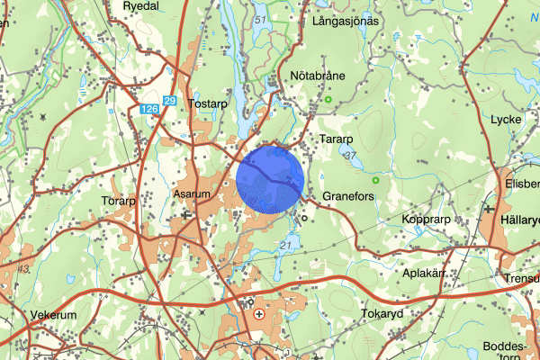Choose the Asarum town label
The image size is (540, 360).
point(191,194)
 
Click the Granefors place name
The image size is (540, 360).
point(347,195)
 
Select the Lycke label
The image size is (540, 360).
point(507,120)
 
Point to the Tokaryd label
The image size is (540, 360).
point(385,314)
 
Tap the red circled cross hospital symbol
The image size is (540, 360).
point(261,315)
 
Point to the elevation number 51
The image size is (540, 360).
point(262,20)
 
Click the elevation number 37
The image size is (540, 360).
point(351,157)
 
